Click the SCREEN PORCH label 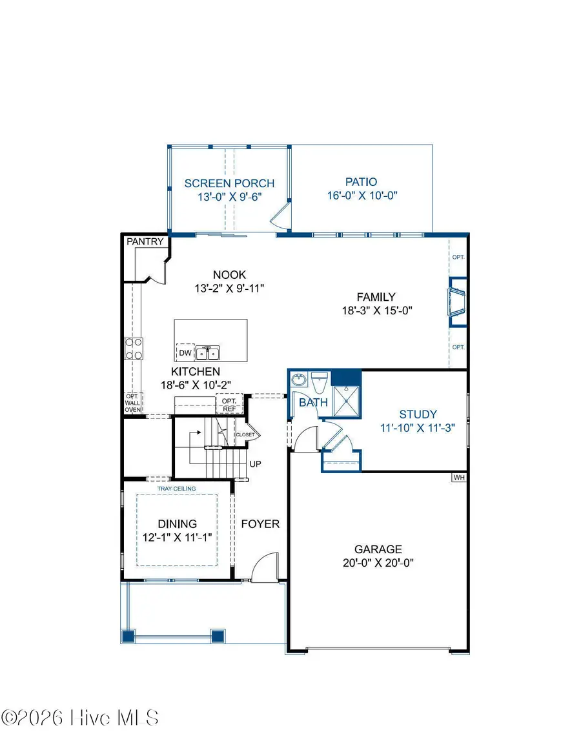point(229,183)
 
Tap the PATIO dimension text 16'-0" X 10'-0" point(360,196)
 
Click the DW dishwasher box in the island point(185,353)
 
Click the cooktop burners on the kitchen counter point(134,349)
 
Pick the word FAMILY point(376,297)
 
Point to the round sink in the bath point(298,380)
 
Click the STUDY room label point(418,414)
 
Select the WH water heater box point(458,478)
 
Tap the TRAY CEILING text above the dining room point(176,489)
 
